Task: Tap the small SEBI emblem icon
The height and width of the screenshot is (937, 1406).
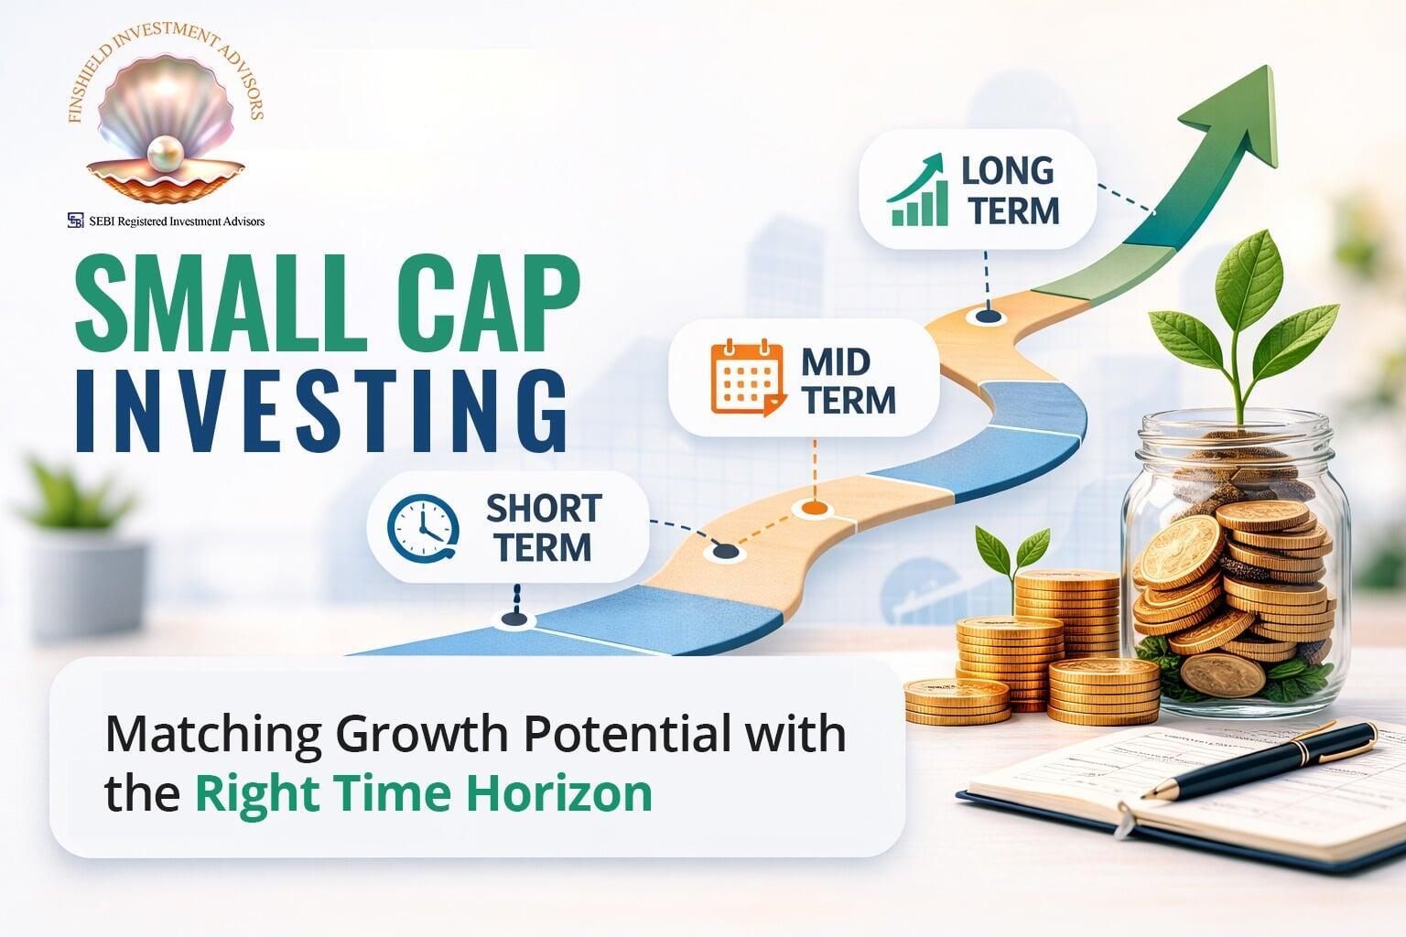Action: tap(75, 221)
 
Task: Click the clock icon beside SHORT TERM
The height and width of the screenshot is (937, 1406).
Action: tap(423, 528)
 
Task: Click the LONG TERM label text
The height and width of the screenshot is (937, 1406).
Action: tap(1010, 190)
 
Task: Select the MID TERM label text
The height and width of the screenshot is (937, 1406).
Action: tap(848, 381)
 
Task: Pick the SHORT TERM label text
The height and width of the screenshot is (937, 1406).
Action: tap(542, 528)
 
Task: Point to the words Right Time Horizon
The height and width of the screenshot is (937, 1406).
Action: tap(423, 793)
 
